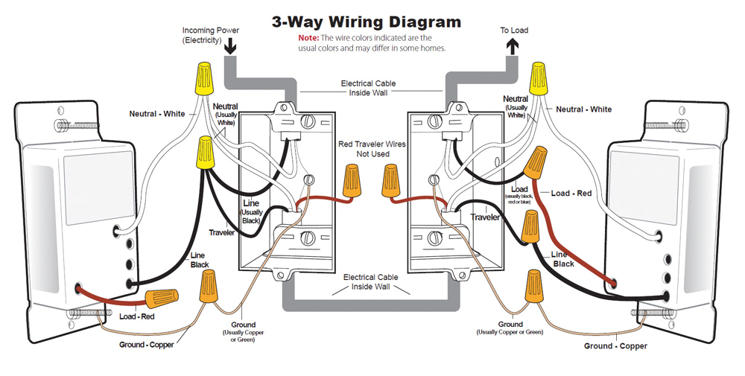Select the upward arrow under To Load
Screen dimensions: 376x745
pos(513,47)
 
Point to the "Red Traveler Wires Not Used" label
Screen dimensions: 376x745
pos(372,149)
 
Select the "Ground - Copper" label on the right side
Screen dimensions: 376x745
pos(615,346)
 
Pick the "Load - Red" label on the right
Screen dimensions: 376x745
pos(571,194)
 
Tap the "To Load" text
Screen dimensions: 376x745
pos(513,31)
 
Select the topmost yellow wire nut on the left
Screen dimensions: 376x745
pos(201,77)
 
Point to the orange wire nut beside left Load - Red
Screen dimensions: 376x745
pos(162,299)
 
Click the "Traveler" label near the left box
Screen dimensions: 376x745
pos(221,233)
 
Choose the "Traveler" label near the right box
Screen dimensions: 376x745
pos(484,217)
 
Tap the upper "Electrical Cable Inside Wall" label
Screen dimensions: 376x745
pos(368,88)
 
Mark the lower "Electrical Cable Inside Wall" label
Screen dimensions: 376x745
pos(370,281)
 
